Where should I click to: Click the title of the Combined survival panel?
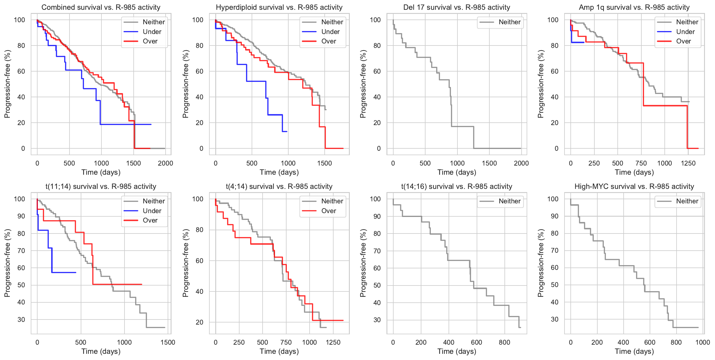tap(101, 7)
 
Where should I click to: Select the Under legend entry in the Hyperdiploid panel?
tap(330, 32)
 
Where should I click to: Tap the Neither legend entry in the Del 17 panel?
tap(509, 22)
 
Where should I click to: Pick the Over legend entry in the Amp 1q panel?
tap(683, 41)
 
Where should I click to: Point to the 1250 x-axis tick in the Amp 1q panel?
tap(688, 163)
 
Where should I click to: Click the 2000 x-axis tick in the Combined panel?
tap(165, 163)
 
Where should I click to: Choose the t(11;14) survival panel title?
tap(101, 187)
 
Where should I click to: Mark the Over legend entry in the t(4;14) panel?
tap(329, 211)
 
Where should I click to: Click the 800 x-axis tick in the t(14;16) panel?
tap(504, 342)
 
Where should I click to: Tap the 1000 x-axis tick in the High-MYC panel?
tap(703, 342)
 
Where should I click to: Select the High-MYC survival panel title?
tap(634, 187)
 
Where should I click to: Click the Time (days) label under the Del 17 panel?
tap(457, 172)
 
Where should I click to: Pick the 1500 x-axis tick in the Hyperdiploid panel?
tap(325, 163)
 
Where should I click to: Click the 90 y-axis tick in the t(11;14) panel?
tap(21, 216)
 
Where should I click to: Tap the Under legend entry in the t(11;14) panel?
tap(152, 211)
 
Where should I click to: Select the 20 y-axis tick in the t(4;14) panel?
tap(200, 322)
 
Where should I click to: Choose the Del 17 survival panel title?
tap(457, 7)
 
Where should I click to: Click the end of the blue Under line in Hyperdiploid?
tap(287, 132)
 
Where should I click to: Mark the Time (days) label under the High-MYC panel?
tap(634, 351)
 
